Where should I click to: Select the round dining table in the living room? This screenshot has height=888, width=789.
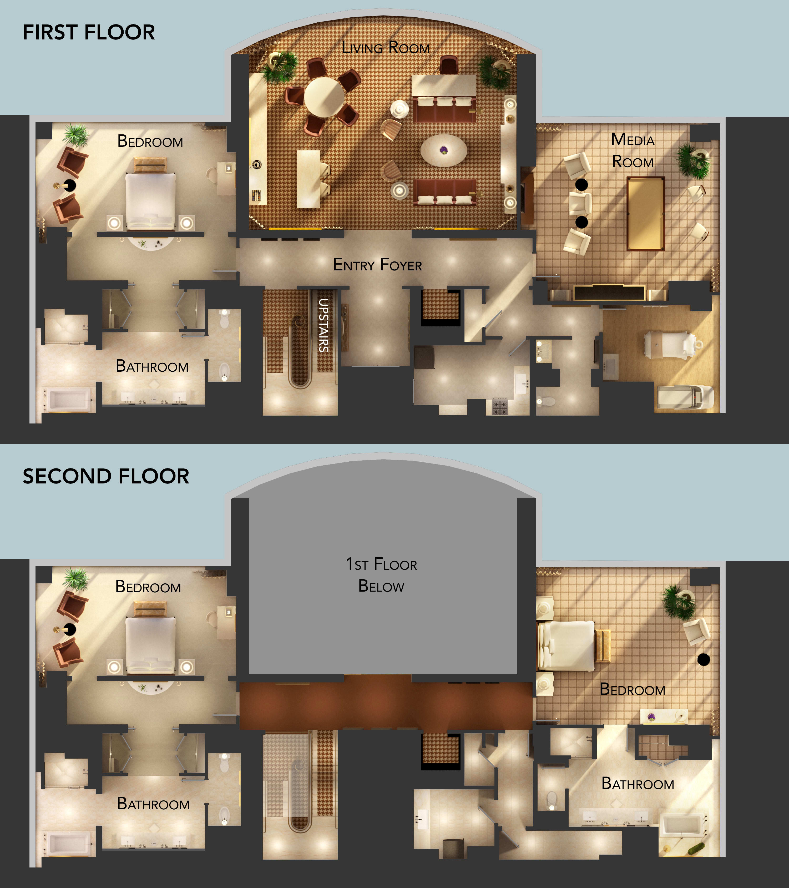point(324,97)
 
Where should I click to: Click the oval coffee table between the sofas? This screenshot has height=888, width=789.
point(444,150)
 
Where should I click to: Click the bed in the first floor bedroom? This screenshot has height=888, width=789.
point(150,200)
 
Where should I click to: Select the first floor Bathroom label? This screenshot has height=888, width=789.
point(152,366)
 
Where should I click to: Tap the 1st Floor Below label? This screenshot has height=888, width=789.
point(381,575)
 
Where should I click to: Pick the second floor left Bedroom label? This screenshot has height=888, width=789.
point(148,587)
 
